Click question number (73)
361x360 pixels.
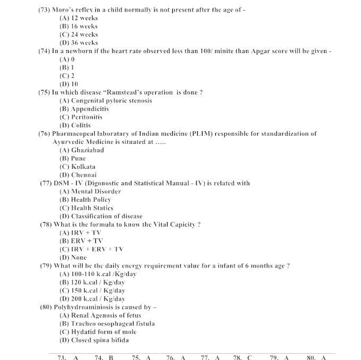(x=44, y=10)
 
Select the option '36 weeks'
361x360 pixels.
(x=79, y=42)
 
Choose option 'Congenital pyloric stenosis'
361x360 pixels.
(x=106, y=100)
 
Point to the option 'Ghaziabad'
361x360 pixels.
(x=82, y=150)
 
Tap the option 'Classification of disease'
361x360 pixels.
(x=101, y=216)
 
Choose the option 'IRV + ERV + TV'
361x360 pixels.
(x=91, y=249)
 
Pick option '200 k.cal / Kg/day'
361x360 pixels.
(x=92, y=299)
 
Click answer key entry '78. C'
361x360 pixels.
(x=243, y=357)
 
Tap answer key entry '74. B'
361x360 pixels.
(x=104, y=357)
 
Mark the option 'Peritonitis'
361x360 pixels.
(x=81, y=117)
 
